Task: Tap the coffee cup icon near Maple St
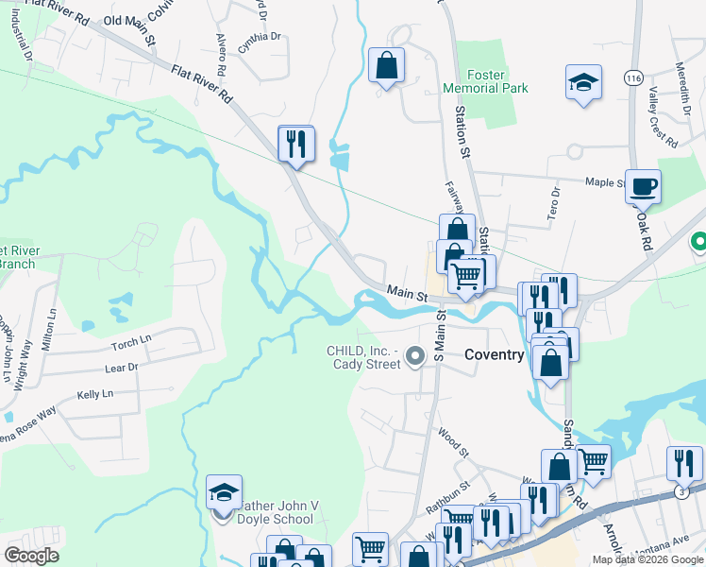pyautogui.click(x=643, y=186)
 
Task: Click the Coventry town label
pyautogui.click(x=494, y=354)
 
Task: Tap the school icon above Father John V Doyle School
pyautogui.click(x=224, y=491)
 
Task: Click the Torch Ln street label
pyautogui.click(x=131, y=339)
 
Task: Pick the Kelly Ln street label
pyautogui.click(x=94, y=393)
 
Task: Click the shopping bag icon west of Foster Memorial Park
pyautogui.click(x=386, y=65)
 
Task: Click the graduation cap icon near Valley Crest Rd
pyautogui.click(x=583, y=82)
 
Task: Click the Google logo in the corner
pyautogui.click(x=32, y=555)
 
